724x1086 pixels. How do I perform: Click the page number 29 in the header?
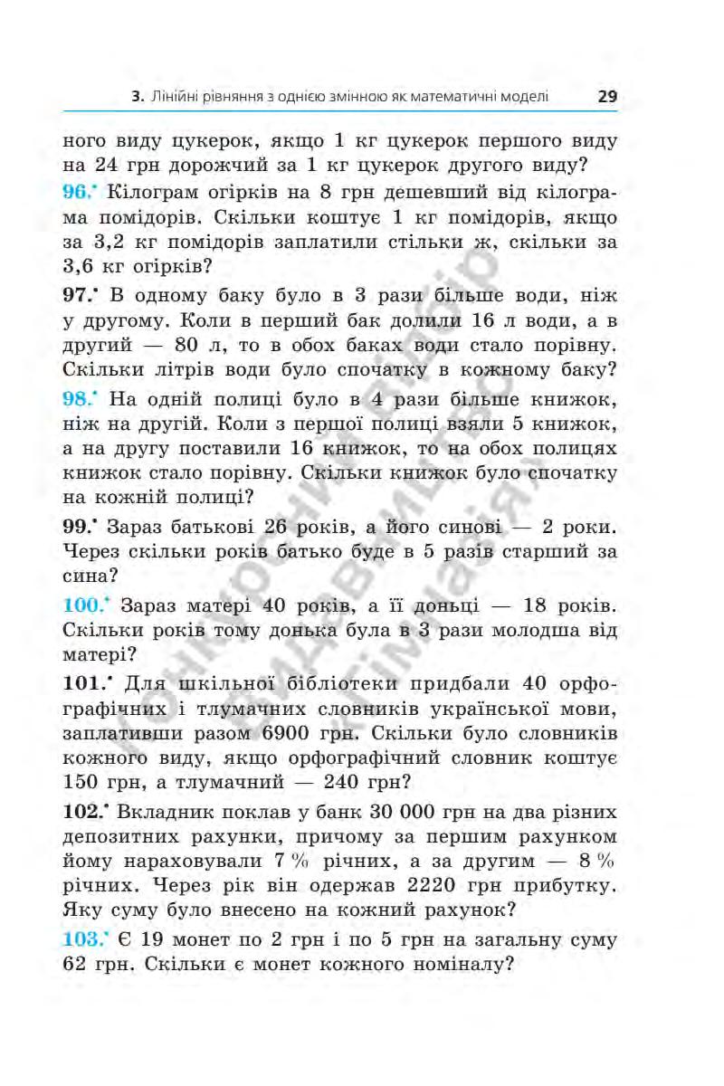tap(606, 95)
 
